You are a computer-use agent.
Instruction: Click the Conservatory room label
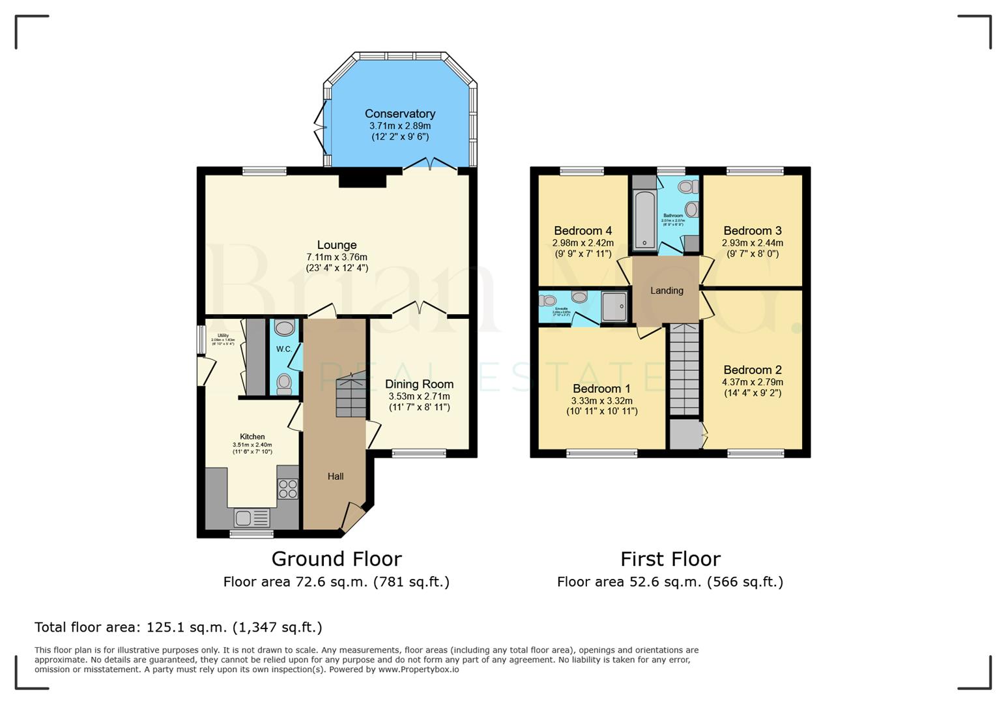[x=399, y=113]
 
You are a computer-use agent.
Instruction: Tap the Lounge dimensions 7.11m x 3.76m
[x=337, y=257]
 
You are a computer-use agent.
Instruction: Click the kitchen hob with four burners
[x=288, y=488]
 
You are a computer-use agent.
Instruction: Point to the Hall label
[x=336, y=477]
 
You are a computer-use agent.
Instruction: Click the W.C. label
[x=283, y=349]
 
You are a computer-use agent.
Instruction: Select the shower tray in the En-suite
[x=614, y=306]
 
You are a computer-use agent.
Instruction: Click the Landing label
[x=667, y=291]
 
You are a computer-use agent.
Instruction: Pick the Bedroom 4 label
[x=582, y=231]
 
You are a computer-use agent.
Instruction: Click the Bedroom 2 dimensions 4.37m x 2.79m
[x=753, y=382]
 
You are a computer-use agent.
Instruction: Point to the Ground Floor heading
[x=336, y=559]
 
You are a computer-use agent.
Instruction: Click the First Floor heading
[x=670, y=559]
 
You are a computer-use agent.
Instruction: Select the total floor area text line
[x=178, y=627]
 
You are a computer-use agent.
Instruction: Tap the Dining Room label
[x=419, y=384]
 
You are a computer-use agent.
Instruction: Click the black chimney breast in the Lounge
[x=362, y=178]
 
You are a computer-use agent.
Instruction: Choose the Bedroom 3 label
[x=753, y=231]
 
